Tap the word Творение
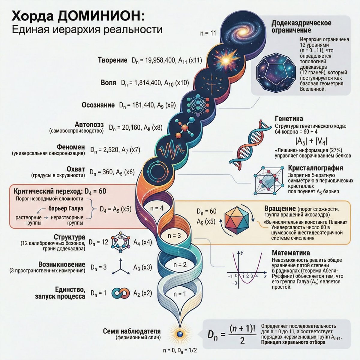pos(113,60)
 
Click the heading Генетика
pos(289,118)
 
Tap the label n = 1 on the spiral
pos(180,294)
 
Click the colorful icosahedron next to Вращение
pos(238,221)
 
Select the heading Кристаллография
pos(315,168)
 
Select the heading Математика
pos(291,253)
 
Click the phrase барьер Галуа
pos(66,208)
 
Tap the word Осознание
pos(98,105)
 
